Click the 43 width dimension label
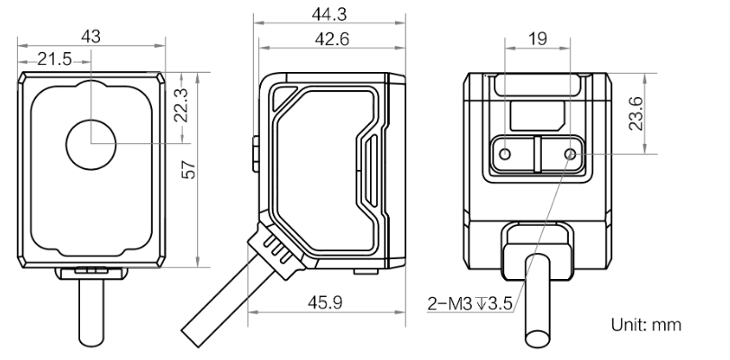pos(90,36)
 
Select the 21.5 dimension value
pos(55,59)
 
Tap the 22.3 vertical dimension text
pos(181,104)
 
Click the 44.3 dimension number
pos(329,14)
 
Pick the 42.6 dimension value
pos(332,39)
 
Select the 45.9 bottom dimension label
pos(325,302)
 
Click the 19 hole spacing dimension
pos(537,39)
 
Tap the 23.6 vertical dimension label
pos(635,113)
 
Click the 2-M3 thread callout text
pos(470,304)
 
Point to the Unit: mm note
pos(645,325)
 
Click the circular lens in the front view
pos(91,144)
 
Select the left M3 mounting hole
pos(505,154)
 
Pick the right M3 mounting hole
pos(571,154)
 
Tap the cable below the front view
pos(91,313)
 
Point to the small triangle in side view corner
pos(283,97)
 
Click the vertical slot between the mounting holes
pos(537,154)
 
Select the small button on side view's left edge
pos(255,153)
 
